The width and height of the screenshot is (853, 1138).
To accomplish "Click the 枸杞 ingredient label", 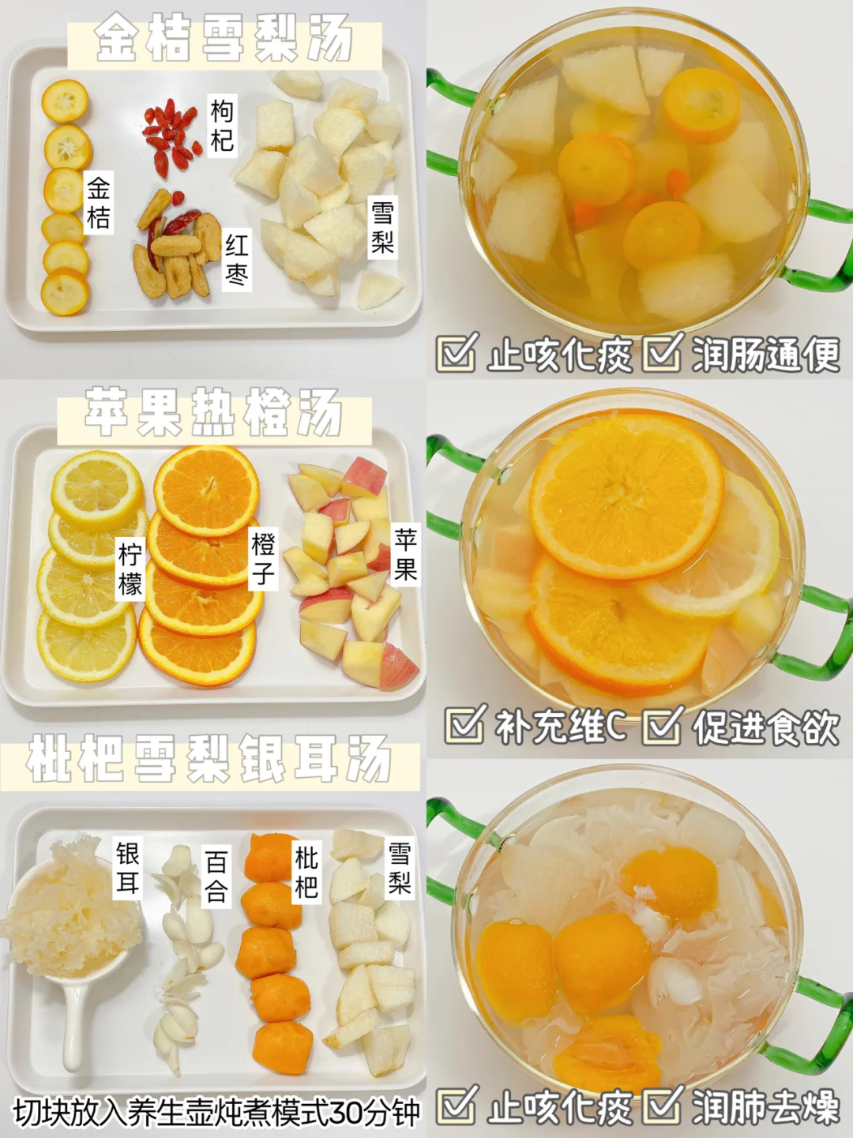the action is coord(223,126).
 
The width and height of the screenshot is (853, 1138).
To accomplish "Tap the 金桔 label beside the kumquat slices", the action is coord(99,203).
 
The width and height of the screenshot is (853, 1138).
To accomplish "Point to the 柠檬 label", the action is coord(130,569).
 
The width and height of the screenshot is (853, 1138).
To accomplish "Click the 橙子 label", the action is coord(263,559).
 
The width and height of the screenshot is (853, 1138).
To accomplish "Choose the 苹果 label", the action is coord(405,555).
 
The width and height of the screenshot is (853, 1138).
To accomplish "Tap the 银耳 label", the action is coord(128,868).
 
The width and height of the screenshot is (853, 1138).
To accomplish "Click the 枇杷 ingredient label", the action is coord(306,873).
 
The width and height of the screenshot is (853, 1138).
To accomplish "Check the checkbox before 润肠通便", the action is coord(662,352).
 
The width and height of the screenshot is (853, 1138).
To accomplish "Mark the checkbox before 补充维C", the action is coord(465,723).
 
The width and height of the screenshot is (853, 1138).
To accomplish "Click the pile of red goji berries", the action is coord(171,136).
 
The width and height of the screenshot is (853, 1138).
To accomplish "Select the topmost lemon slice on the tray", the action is coord(97,490).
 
